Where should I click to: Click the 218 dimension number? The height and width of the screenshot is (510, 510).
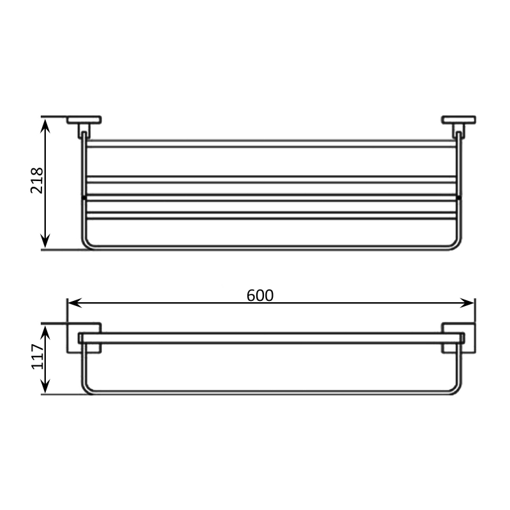point(37,180)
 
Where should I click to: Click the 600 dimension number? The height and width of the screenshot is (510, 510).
point(260,296)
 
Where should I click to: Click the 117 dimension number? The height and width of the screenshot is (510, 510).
point(38,356)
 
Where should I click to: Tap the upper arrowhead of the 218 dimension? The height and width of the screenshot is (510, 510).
point(45,126)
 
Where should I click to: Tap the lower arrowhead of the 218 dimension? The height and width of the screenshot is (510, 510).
point(45,240)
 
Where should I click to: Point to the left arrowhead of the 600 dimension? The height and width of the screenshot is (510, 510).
point(75,303)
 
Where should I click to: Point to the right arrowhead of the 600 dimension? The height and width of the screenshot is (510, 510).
point(467,303)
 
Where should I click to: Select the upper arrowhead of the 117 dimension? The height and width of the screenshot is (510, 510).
point(45,333)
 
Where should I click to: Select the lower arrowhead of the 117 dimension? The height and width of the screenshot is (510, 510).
point(45,386)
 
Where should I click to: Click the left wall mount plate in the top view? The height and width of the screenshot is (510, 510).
point(84,120)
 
